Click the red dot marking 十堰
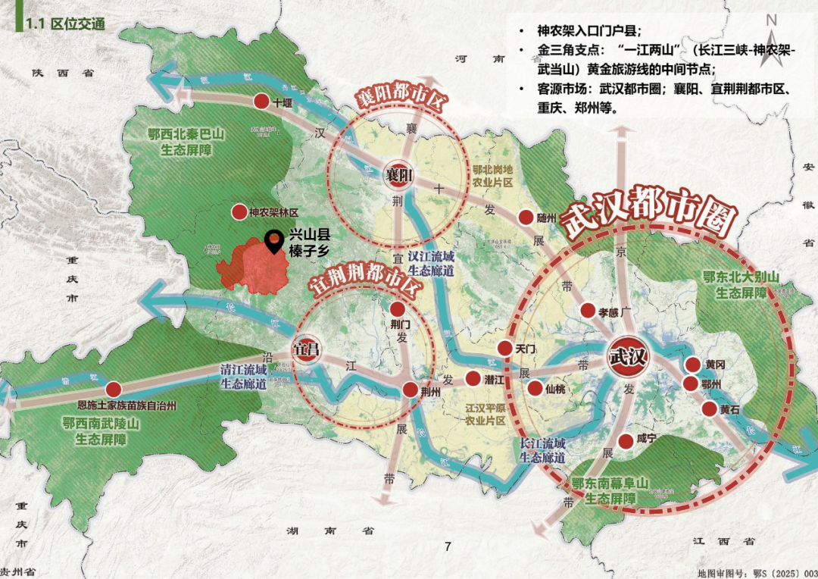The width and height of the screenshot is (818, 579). (261, 102)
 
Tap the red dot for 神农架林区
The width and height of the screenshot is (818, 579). (239, 212)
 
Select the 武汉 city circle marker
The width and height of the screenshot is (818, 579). (628, 355)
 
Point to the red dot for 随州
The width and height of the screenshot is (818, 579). (526, 218)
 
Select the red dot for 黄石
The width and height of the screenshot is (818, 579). (710, 409)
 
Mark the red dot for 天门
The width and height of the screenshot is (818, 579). (505, 348)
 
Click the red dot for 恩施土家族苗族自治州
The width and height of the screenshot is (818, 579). (114, 389)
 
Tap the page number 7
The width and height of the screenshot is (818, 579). (448, 546)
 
